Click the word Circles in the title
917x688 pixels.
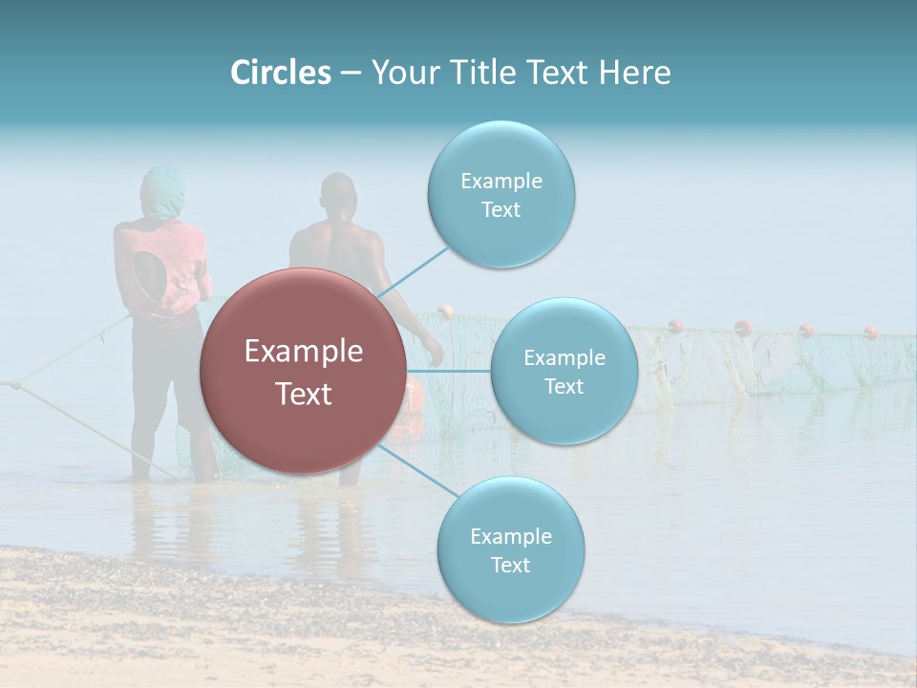[x=281, y=73]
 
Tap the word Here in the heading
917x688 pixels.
[x=634, y=73]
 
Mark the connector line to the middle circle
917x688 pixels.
[x=449, y=371]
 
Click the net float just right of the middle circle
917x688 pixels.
[x=675, y=326]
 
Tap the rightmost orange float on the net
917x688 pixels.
[x=871, y=333]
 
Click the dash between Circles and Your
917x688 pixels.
[x=351, y=74]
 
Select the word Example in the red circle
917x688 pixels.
[x=303, y=352]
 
